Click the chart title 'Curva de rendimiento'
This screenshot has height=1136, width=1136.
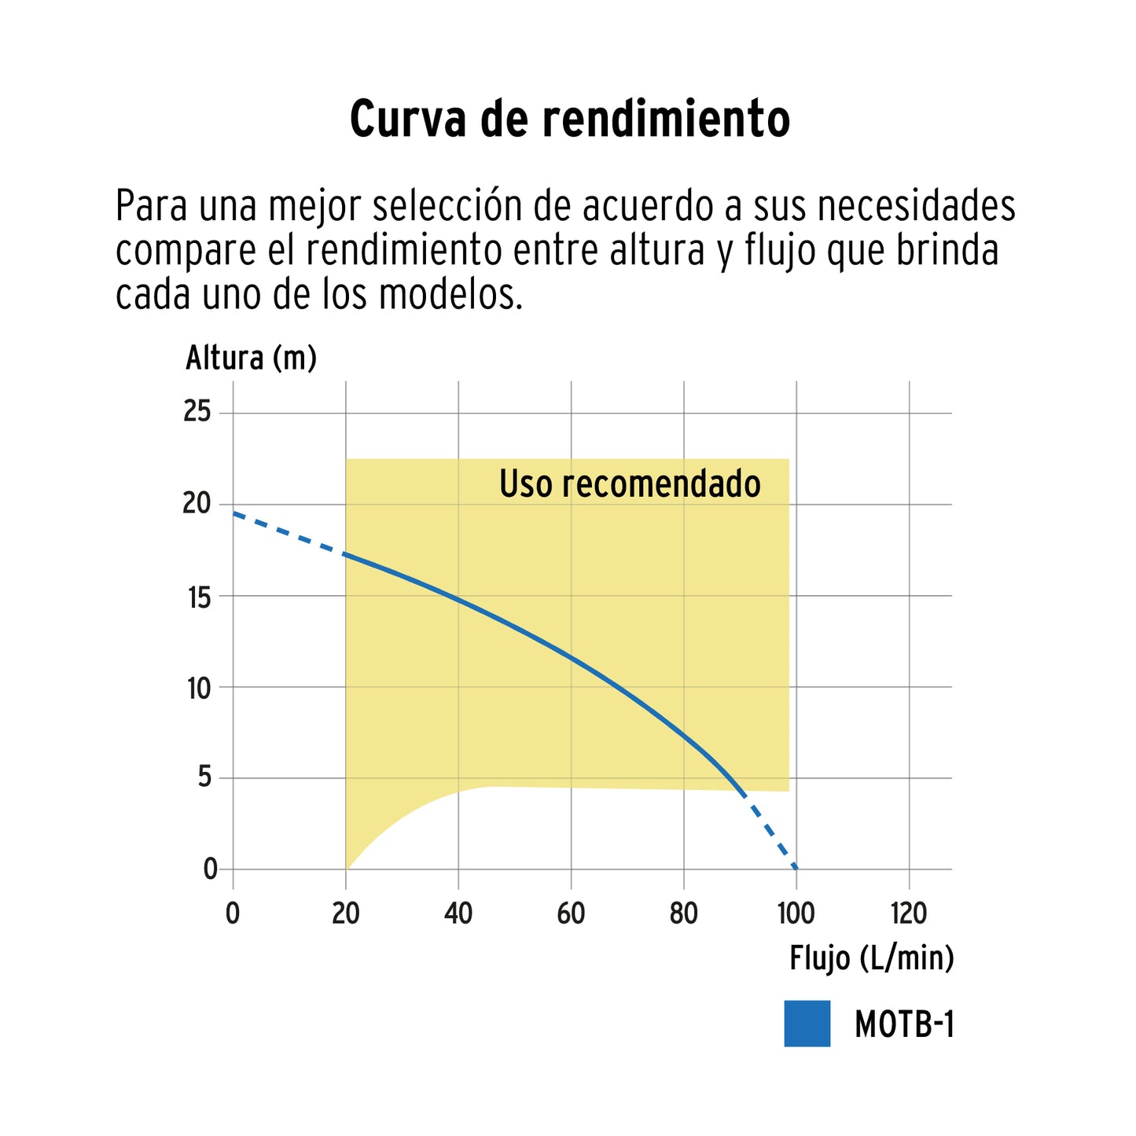[x=569, y=119]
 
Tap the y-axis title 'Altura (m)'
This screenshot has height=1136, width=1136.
[x=251, y=358]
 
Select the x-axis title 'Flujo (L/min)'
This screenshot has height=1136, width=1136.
[x=871, y=958]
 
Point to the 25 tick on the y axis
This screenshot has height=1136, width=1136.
[x=197, y=411]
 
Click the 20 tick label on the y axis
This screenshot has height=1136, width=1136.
[x=197, y=503]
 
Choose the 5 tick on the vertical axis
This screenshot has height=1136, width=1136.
[x=204, y=778]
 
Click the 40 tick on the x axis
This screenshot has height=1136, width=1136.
[x=458, y=914]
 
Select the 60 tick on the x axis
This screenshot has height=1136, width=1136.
[x=571, y=914]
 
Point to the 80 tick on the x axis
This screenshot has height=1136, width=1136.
[x=684, y=914]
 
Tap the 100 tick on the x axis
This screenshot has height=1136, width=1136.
[x=796, y=914]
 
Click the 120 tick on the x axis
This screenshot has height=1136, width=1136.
[x=909, y=914]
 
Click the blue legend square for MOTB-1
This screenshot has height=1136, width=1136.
[x=807, y=1024]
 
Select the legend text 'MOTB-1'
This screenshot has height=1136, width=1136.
[x=904, y=1024]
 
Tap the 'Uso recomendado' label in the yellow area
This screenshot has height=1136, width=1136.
[x=630, y=484]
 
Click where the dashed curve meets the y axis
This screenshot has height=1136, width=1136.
[x=233, y=513]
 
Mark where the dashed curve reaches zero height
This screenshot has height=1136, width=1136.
[x=796, y=869]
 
